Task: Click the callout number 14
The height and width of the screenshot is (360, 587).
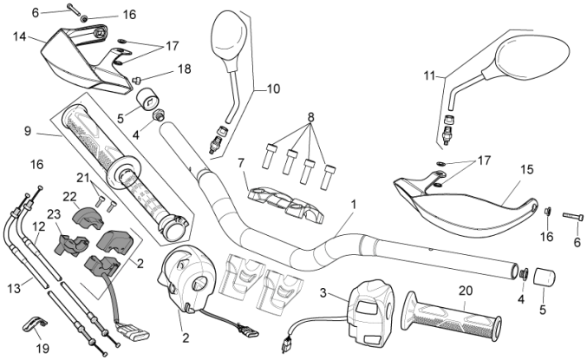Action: click(x=19, y=37)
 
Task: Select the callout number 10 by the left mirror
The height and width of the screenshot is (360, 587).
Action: click(x=273, y=89)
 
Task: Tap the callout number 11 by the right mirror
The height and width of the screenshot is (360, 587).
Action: click(x=430, y=76)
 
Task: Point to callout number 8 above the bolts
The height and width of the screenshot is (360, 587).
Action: click(x=310, y=117)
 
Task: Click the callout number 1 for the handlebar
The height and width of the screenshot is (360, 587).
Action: click(x=353, y=205)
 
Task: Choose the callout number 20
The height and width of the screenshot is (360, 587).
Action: click(x=466, y=291)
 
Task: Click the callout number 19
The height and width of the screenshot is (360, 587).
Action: click(x=42, y=349)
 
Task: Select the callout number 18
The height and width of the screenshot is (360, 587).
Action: click(x=184, y=69)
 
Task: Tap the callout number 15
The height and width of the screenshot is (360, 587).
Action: click(x=526, y=170)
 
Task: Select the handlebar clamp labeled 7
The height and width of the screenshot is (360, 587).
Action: click(x=286, y=201)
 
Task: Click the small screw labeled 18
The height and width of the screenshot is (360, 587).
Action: click(x=136, y=80)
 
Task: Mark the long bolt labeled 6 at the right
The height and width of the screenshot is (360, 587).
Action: click(x=573, y=216)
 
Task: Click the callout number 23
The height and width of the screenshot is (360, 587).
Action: click(x=54, y=214)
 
